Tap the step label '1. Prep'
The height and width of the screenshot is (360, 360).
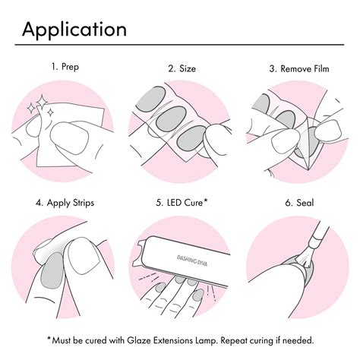65,66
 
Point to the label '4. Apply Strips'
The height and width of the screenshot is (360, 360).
65,203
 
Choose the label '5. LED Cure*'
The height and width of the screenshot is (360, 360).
180,203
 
